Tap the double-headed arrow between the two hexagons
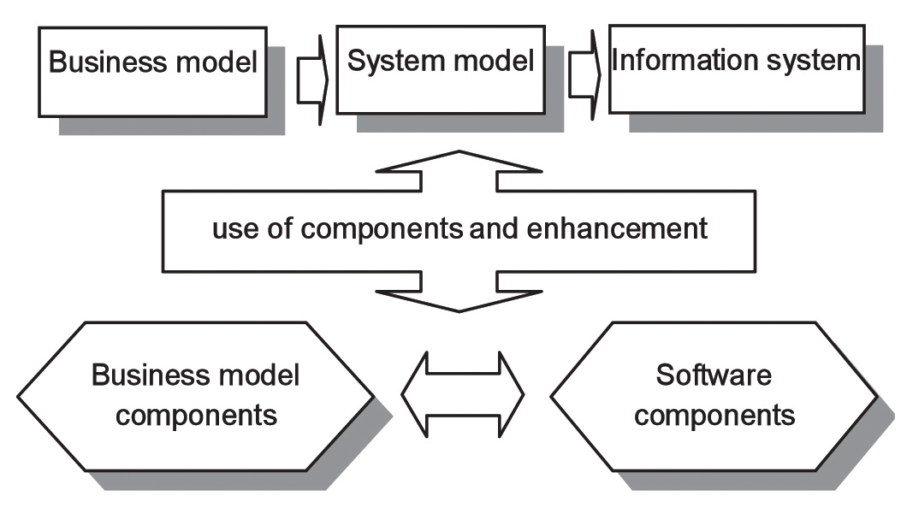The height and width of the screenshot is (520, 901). click(462, 395)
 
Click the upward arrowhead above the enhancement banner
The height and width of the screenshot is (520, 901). click(459, 168)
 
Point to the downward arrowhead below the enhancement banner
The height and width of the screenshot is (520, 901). click(459, 295)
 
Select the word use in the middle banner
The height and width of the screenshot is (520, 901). click(234, 229)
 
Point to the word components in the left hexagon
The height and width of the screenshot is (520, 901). click(196, 416)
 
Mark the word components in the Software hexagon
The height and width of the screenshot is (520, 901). click(716, 416)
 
